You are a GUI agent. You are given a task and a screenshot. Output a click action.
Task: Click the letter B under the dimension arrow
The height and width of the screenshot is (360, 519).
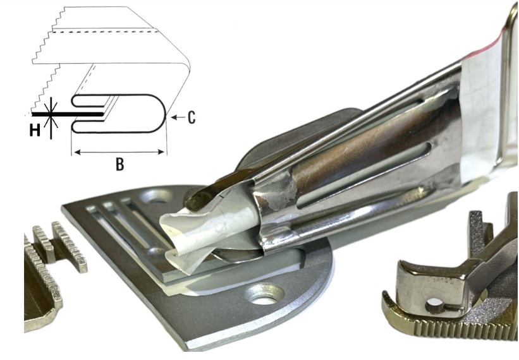pyautogui.click(x=120, y=164)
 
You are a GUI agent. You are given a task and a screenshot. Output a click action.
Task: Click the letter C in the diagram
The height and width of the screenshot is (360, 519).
pyautogui.click(x=192, y=117)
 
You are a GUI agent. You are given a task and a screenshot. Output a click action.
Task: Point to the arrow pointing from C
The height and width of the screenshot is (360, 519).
pyautogui.click(x=178, y=117)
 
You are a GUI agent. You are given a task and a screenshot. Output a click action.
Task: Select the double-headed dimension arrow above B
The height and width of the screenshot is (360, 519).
pyautogui.click(x=119, y=152)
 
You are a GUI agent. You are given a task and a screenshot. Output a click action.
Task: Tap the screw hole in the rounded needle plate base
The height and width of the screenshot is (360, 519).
pyautogui.click(x=264, y=294)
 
